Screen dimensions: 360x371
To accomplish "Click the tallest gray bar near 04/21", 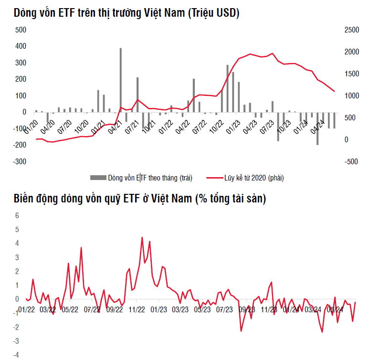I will click(x=120, y=80).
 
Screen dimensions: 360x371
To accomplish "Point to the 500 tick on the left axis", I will click(x=21, y=30).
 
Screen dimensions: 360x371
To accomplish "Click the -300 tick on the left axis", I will click(x=20, y=161).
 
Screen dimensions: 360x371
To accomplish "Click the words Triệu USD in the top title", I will click(x=212, y=13).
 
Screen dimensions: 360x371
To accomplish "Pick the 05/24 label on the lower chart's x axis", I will click(x=335, y=309).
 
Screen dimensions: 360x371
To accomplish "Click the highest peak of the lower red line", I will click(x=142, y=237).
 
